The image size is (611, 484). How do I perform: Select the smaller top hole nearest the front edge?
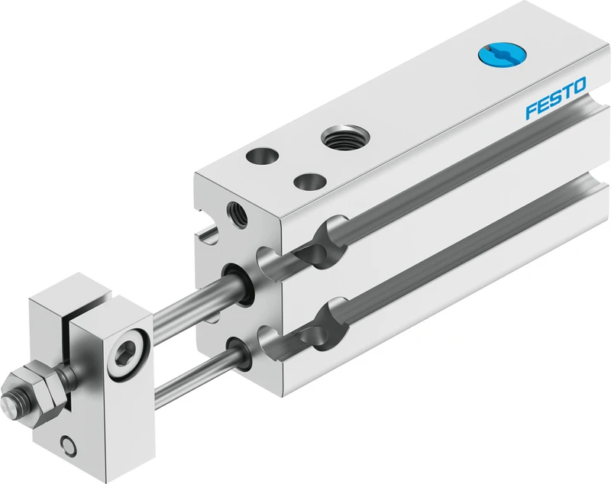(310, 181)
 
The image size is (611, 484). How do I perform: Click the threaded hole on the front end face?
(238, 215)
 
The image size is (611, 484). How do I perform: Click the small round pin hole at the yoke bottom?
(69, 445)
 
